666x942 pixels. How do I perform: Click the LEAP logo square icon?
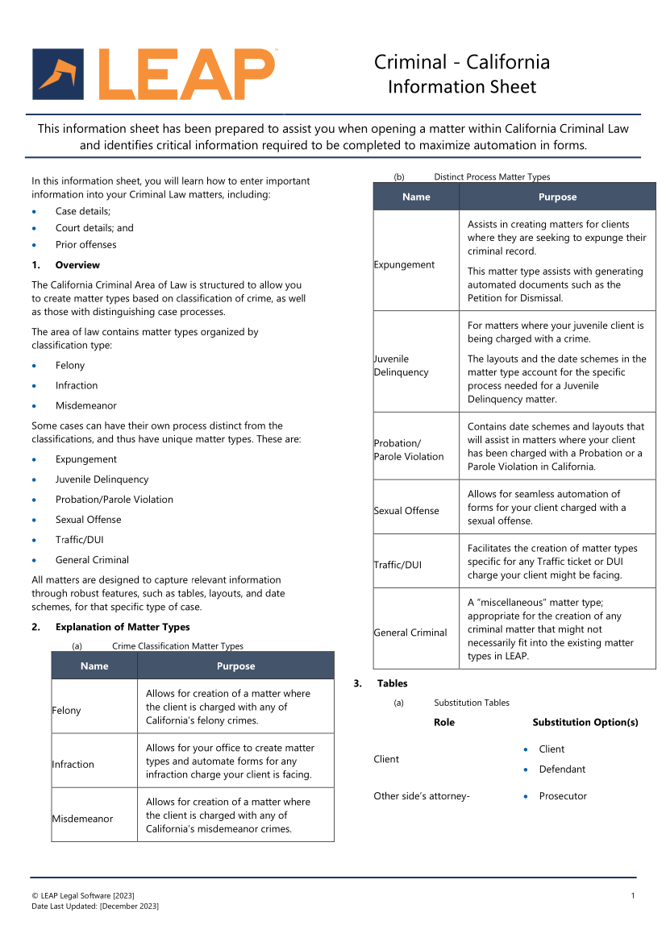click(57, 74)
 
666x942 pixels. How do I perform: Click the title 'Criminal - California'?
click(461, 62)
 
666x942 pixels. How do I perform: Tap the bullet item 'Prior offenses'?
click(85, 245)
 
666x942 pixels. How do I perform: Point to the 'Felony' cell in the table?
click(67, 711)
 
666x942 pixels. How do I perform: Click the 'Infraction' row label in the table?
click(73, 765)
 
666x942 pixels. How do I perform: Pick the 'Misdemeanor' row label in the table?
click(83, 819)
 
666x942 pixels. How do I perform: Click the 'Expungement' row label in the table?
click(405, 265)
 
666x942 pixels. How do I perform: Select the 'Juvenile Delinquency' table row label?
click(402, 366)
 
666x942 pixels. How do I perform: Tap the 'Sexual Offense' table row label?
click(406, 511)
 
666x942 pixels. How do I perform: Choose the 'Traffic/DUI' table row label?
click(398, 565)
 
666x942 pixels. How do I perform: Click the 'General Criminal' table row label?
click(410, 633)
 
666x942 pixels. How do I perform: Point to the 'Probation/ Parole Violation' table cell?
click(409, 450)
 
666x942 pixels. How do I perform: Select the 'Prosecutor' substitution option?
click(563, 796)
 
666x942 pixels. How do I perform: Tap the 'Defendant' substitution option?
click(562, 770)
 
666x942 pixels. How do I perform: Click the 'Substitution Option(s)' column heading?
click(585, 723)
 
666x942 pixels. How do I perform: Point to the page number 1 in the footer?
click(633, 896)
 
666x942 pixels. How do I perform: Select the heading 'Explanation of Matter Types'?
click(123, 627)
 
